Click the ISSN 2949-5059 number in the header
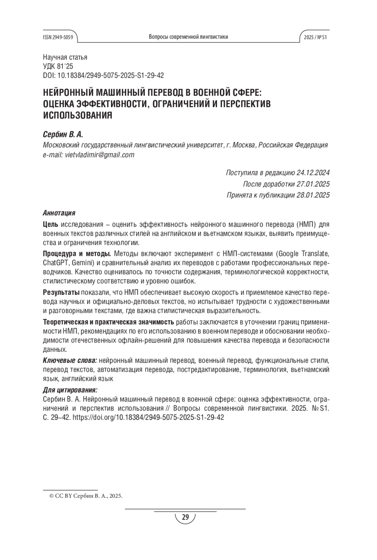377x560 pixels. coord(58,37)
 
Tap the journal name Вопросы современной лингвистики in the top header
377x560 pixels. coord(188,37)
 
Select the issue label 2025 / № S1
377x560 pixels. coord(315,37)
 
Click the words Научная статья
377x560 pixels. coord(65,57)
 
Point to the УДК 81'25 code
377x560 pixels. coord(58,67)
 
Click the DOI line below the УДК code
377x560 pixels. coord(103,76)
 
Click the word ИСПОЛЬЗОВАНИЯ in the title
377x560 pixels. coord(77,115)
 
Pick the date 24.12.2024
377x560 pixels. coord(313,173)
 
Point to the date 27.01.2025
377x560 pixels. coord(313,184)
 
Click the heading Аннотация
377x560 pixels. coord(59,213)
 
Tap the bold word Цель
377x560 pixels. coord(51,225)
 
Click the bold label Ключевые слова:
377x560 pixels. coord(70,361)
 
